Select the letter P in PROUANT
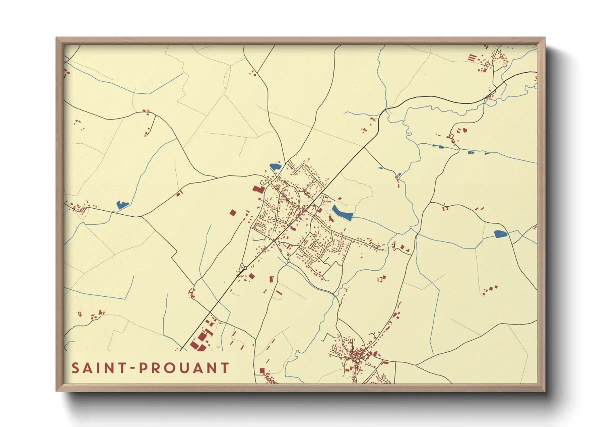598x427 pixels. click(x=143, y=368)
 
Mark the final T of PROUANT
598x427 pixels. click(x=224, y=368)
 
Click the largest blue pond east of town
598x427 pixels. click(x=342, y=213)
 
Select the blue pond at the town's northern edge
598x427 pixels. click(x=275, y=166)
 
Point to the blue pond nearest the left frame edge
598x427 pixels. click(x=122, y=205)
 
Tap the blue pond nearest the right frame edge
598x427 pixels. click(x=500, y=234)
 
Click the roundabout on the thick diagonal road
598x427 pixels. click(x=245, y=268)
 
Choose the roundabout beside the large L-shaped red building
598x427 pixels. click(x=270, y=182)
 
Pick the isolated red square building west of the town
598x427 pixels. click(x=233, y=213)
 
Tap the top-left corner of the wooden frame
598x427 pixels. click(x=57, y=38)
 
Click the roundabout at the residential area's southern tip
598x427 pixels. click(x=288, y=262)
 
